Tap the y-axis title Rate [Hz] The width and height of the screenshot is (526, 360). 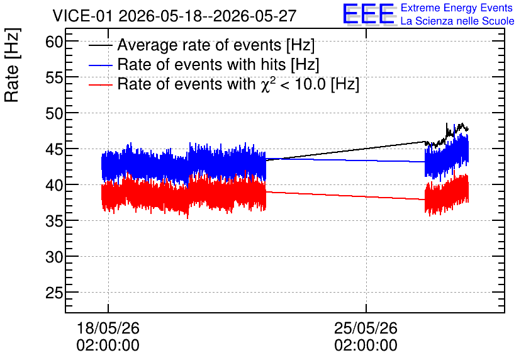click(x=12, y=65)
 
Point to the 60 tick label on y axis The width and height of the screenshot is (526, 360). click(x=54, y=42)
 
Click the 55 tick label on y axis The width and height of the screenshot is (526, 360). click(x=54, y=78)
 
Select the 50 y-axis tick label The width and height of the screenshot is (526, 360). click(x=54, y=114)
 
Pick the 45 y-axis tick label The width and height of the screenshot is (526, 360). click(x=54, y=150)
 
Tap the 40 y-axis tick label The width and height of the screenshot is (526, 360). click(x=54, y=185)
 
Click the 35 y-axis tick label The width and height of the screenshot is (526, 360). click(x=54, y=221)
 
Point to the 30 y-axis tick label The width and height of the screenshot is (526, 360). click(x=54, y=257)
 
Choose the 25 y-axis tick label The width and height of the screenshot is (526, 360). click(x=54, y=293)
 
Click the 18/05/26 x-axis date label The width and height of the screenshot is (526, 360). click(x=108, y=328)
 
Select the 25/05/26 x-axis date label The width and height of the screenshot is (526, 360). click(x=366, y=328)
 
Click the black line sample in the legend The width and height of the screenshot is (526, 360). click(x=100, y=45)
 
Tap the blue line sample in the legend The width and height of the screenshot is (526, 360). click(x=100, y=65)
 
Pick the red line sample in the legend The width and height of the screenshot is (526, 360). click(x=100, y=85)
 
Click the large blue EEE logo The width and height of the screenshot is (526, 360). click(x=369, y=14)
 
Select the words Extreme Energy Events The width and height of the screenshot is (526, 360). click(x=457, y=8)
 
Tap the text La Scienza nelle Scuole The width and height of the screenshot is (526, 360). click(x=457, y=21)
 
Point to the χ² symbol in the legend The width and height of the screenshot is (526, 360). click(x=266, y=84)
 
